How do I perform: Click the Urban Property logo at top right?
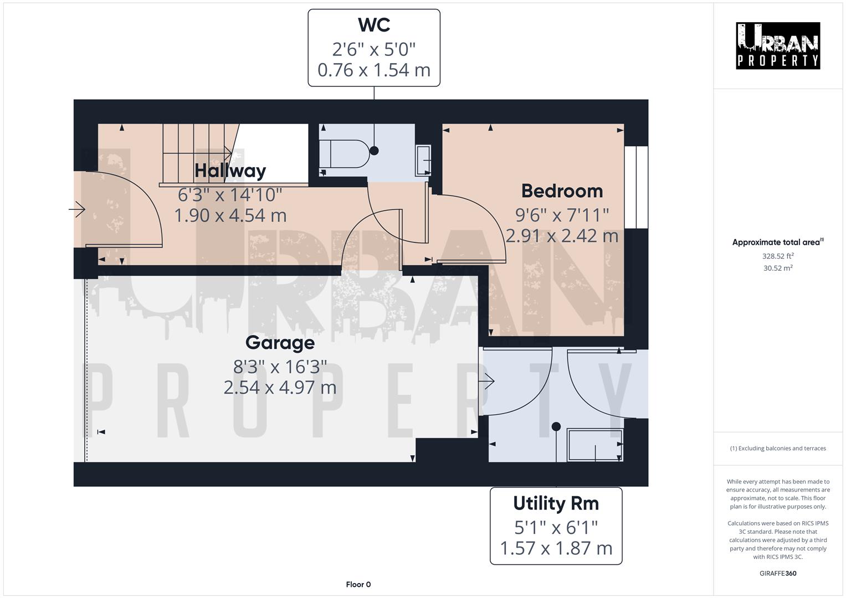tap(778, 46)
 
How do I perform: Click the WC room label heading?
tap(374, 25)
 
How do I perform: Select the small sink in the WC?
tap(424, 161)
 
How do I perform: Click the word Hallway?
tap(230, 171)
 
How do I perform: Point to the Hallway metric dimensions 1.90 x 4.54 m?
tap(230, 215)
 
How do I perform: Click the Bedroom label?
tap(562, 191)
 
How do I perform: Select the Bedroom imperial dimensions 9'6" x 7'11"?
tap(562, 214)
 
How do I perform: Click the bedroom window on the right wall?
tap(636, 187)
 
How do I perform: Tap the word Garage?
tap(280, 343)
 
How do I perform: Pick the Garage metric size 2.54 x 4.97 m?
tap(280, 388)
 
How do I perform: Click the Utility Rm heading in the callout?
tap(556, 503)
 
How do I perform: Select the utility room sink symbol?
tap(595, 445)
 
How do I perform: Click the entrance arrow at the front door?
tap(77, 210)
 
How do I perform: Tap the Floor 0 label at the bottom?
tap(358, 584)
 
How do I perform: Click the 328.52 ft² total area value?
tap(778, 256)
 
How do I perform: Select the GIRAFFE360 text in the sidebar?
tap(778, 573)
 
